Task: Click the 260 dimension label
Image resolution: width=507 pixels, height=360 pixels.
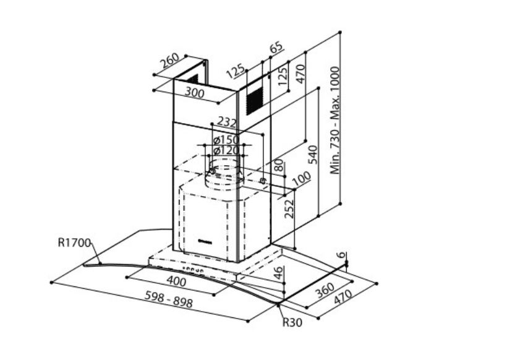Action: coord(169,62)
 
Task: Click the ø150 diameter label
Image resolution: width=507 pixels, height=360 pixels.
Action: coord(226,139)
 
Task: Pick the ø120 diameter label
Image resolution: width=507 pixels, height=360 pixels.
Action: coord(226,150)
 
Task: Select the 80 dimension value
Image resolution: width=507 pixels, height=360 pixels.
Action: coord(278,165)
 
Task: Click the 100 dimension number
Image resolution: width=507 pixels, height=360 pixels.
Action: coord(300,180)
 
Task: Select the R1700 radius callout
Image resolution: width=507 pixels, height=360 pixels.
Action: coord(75,242)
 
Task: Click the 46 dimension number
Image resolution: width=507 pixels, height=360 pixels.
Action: coord(279,270)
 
